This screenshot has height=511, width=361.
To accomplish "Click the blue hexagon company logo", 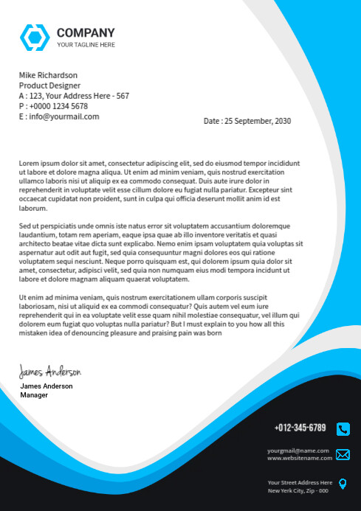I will point(34,37).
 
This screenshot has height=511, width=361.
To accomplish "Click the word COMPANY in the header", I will point(86,32).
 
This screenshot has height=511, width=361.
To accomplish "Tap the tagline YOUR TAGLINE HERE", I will point(86,45).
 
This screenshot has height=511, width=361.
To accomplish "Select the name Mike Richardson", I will point(48,75).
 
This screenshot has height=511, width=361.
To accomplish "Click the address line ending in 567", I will point(74,96).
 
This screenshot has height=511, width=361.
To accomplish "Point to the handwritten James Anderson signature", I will point(50,371).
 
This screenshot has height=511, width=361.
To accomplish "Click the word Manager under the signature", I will point(34,395).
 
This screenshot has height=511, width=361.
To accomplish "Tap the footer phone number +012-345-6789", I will point(300,428).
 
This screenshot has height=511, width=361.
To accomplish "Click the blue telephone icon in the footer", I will point(343,428).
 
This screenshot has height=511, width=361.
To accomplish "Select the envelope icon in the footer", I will point(343,454).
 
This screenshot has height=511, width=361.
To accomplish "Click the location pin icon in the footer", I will point(343,484).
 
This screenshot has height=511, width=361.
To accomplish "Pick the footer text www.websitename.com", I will point(300,458).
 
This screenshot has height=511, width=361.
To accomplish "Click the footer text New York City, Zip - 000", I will point(298,490).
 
